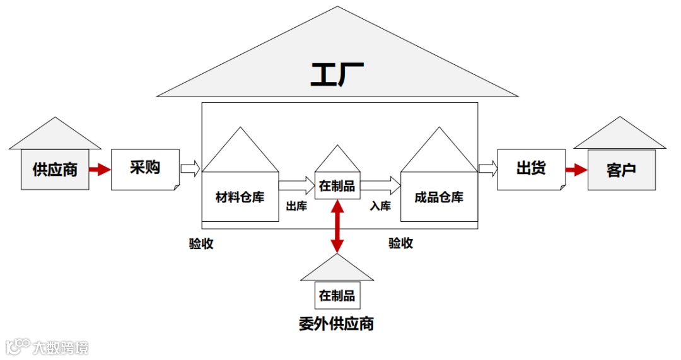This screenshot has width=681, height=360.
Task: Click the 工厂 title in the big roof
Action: pyautogui.click(x=337, y=73)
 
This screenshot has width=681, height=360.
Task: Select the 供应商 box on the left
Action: pyautogui.click(x=55, y=169)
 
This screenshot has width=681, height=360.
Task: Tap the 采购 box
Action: pyautogui.click(x=145, y=168)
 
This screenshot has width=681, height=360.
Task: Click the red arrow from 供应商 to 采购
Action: pyautogui.click(x=100, y=169)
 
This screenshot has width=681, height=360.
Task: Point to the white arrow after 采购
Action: pyautogui.click(x=190, y=168)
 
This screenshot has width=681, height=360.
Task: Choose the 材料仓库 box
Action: pyautogui.click(x=240, y=197)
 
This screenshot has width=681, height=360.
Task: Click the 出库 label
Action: pyautogui.click(x=296, y=206)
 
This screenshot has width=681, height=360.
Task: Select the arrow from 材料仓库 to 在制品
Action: pyautogui.click(x=296, y=185)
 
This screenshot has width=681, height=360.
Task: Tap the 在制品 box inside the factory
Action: pyautogui.click(x=337, y=185)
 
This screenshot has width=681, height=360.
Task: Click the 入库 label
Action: pyautogui.click(x=380, y=206)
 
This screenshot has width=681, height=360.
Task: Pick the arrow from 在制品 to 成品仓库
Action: pyautogui.click(x=381, y=185)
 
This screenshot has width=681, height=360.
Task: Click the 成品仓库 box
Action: pyautogui.click(x=439, y=197)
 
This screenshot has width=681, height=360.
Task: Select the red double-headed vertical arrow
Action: pyautogui.click(x=337, y=226)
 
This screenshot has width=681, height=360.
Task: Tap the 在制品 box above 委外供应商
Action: pyautogui.click(x=337, y=295)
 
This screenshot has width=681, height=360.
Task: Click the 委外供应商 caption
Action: pyautogui.click(x=337, y=323)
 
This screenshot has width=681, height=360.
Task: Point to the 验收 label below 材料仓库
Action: pyautogui.click(x=201, y=244)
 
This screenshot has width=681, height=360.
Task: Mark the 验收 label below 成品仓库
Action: pyautogui.click(x=400, y=243)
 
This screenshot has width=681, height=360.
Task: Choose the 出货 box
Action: pyautogui.click(x=531, y=169)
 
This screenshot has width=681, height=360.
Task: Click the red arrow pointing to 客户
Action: pyautogui.click(x=576, y=170)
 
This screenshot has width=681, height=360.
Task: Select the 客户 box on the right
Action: pyautogui.click(x=621, y=170)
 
